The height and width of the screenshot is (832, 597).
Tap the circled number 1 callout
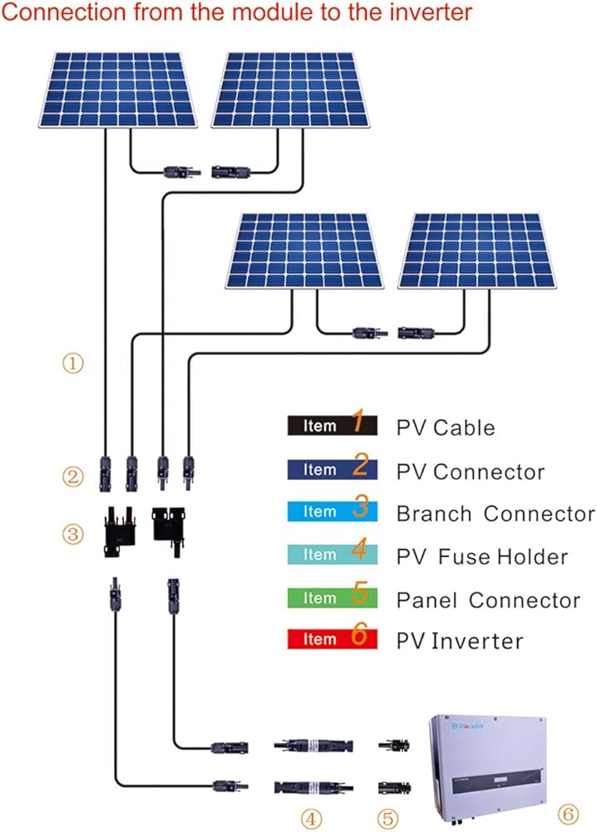(x=74, y=364)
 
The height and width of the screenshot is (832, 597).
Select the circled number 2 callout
(x=74, y=478)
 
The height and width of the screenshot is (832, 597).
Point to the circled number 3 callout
(x=74, y=533)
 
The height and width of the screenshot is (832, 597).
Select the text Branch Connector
(x=496, y=513)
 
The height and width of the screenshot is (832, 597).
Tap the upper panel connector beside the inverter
(x=392, y=745)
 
